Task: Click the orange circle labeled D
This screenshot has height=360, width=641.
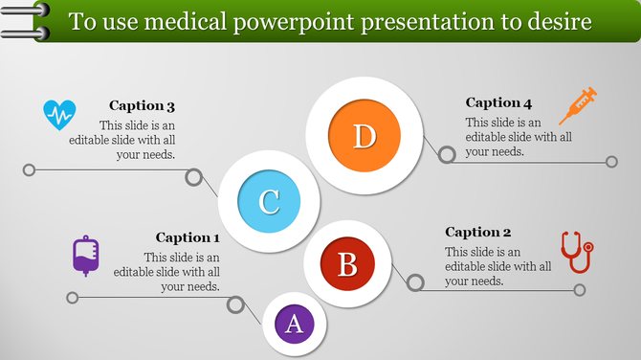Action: (x=364, y=136)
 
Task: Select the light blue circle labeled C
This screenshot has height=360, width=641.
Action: (x=270, y=201)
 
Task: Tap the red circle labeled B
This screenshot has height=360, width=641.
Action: (x=348, y=263)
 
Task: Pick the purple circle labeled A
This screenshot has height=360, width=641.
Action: (x=295, y=324)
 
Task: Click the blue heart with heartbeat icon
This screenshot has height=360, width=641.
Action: (x=59, y=116)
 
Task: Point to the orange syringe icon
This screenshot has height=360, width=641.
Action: (x=578, y=104)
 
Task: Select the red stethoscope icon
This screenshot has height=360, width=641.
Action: (x=576, y=252)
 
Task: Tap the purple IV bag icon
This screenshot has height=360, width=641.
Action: (x=86, y=256)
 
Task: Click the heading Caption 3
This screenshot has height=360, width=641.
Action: (x=142, y=106)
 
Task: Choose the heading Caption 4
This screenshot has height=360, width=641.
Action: (x=498, y=102)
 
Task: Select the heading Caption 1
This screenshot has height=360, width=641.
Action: (x=188, y=237)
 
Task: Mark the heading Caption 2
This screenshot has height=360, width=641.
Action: (x=478, y=232)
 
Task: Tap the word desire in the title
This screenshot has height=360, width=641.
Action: (x=557, y=21)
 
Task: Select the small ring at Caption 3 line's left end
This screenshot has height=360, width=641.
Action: (x=30, y=170)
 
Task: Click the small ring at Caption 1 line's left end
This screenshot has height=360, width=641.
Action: (x=72, y=298)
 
